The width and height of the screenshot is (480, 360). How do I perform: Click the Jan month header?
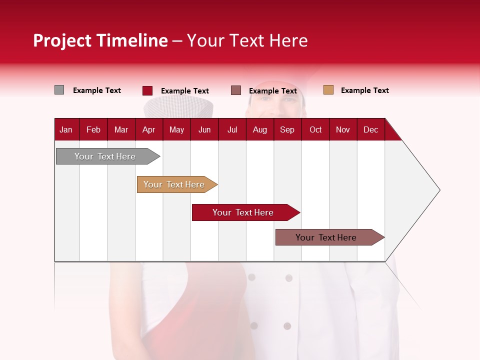[66, 129]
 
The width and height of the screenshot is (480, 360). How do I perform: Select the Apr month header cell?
[148, 129]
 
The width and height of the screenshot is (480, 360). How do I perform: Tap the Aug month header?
[259, 129]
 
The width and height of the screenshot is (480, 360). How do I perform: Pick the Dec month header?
[370, 129]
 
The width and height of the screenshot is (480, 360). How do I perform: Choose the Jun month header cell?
[204, 129]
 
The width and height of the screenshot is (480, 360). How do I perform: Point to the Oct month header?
[315, 129]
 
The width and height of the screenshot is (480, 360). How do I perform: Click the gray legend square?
[59, 90]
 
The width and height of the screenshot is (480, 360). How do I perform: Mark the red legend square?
[147, 90]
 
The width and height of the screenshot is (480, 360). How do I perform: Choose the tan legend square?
[328, 90]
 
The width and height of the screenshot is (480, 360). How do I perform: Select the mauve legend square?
[236, 90]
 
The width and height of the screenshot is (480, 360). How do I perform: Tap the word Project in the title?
[62, 40]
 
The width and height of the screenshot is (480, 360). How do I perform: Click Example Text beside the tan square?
[364, 90]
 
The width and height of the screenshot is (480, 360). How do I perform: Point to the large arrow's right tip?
[439, 190]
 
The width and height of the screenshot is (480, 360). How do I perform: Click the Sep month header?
[287, 129]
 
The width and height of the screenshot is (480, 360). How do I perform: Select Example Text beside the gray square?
[96, 90]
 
